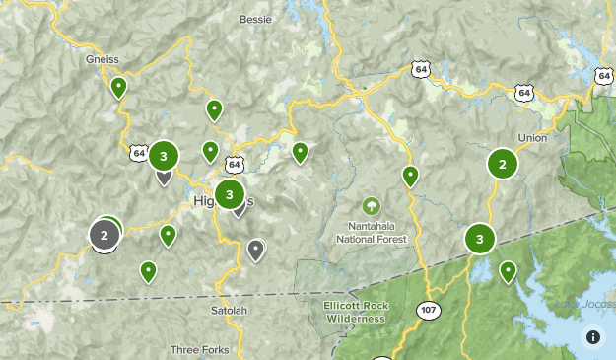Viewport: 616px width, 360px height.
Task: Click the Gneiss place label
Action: (x=103, y=59)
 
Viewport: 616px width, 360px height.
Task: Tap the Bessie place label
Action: (x=257, y=19)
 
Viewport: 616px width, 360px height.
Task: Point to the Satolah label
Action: (x=229, y=311)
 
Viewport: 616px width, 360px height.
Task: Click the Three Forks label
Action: (x=200, y=349)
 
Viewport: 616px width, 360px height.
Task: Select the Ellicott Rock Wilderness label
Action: (x=356, y=311)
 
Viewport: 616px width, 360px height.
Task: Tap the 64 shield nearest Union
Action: (x=522, y=93)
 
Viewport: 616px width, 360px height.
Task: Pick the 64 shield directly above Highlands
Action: (x=233, y=163)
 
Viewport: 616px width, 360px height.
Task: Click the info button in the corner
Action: (x=593, y=337)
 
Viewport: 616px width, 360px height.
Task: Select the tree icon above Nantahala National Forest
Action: (x=371, y=206)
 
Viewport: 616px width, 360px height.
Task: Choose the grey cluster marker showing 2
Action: (x=104, y=235)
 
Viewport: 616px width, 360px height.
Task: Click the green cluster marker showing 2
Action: (x=503, y=164)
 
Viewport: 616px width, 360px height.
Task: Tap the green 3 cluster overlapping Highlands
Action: (x=230, y=194)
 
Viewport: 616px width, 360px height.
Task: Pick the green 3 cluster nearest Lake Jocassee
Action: (x=480, y=239)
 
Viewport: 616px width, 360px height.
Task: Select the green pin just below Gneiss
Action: (x=118, y=88)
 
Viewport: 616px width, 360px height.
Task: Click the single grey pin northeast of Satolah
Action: (x=256, y=250)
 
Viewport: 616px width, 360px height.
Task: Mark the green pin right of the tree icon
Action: (x=410, y=177)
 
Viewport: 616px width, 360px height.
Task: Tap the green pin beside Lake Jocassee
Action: (x=509, y=270)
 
